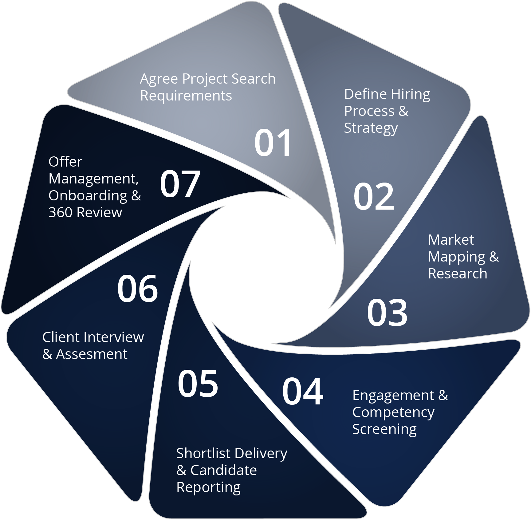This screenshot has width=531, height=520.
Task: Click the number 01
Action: (273, 143)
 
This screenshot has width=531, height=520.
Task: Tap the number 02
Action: (374, 197)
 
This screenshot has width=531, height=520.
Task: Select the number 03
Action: (387, 313)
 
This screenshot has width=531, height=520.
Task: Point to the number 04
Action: (303, 392)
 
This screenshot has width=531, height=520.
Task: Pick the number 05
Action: (198, 384)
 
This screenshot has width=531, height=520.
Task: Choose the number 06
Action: (138, 289)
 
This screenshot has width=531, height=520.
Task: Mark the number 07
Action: (180, 184)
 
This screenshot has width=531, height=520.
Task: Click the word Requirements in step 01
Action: (186, 96)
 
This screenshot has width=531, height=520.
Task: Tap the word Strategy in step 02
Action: (371, 128)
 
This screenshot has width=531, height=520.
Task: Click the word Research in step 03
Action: (458, 274)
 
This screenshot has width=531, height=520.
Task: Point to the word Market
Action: (451, 240)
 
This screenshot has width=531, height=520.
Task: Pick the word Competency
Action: (393, 412)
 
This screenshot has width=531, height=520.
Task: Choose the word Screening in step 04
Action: (384, 429)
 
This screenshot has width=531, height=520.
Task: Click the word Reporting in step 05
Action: (208, 487)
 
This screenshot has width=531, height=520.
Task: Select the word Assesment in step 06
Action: (92, 354)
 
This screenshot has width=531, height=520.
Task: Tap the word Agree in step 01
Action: (159, 79)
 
